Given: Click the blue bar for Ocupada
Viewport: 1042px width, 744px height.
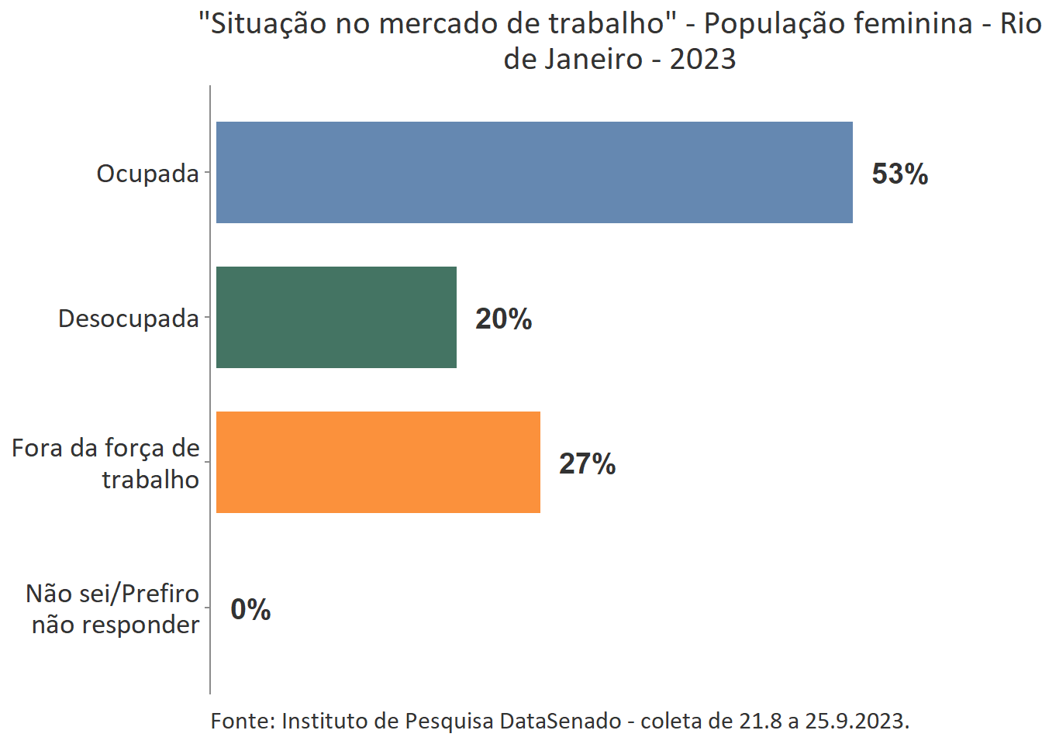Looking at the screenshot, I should [534, 172].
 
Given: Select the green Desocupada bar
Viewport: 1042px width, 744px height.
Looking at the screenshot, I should [336, 317].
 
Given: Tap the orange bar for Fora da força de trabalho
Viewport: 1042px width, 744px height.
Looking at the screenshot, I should [378, 462].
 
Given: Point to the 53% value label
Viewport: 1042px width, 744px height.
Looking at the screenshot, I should [899, 174].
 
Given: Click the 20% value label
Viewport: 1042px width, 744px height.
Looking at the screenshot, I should [503, 319].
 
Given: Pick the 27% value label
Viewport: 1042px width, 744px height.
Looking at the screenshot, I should [587, 463].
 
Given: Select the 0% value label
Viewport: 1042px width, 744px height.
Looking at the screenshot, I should [250, 609].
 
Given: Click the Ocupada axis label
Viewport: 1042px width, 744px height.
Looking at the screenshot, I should [147, 174].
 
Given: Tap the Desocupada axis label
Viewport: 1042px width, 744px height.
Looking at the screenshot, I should [128, 319].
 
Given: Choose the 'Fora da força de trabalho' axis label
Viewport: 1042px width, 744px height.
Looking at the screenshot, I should [106, 463].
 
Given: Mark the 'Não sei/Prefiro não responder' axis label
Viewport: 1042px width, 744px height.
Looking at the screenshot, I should [113, 608].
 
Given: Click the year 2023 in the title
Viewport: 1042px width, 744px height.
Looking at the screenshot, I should [702, 59].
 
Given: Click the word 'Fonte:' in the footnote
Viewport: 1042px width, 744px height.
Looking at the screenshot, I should [242, 721].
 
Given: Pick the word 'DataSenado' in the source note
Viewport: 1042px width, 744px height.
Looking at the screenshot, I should [560, 721].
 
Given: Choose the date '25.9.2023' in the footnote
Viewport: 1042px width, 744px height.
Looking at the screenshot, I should [856, 721].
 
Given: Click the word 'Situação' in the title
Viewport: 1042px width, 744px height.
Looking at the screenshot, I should [260, 24].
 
